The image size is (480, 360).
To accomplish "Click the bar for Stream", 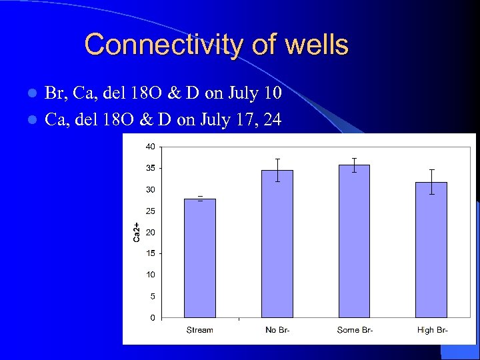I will (200, 258).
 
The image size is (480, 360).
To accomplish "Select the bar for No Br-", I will (277, 243).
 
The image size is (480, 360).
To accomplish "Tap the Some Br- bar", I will (354, 241).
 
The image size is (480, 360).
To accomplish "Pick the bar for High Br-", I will (431, 249).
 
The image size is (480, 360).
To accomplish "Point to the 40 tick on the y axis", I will (151, 147).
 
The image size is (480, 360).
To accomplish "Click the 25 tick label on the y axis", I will (151, 211).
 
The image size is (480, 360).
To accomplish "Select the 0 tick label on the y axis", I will (153, 317).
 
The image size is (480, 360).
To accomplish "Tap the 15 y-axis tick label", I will (151, 253).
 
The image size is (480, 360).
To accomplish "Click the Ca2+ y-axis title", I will (136, 232).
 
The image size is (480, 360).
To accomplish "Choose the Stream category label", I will (200, 330).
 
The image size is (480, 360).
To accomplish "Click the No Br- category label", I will (277, 330).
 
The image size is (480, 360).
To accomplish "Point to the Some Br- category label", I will (354, 330).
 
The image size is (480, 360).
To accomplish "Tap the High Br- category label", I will (431, 330).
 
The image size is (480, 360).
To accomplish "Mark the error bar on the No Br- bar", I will (277, 169).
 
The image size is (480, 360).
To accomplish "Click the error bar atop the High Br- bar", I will (431, 181).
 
